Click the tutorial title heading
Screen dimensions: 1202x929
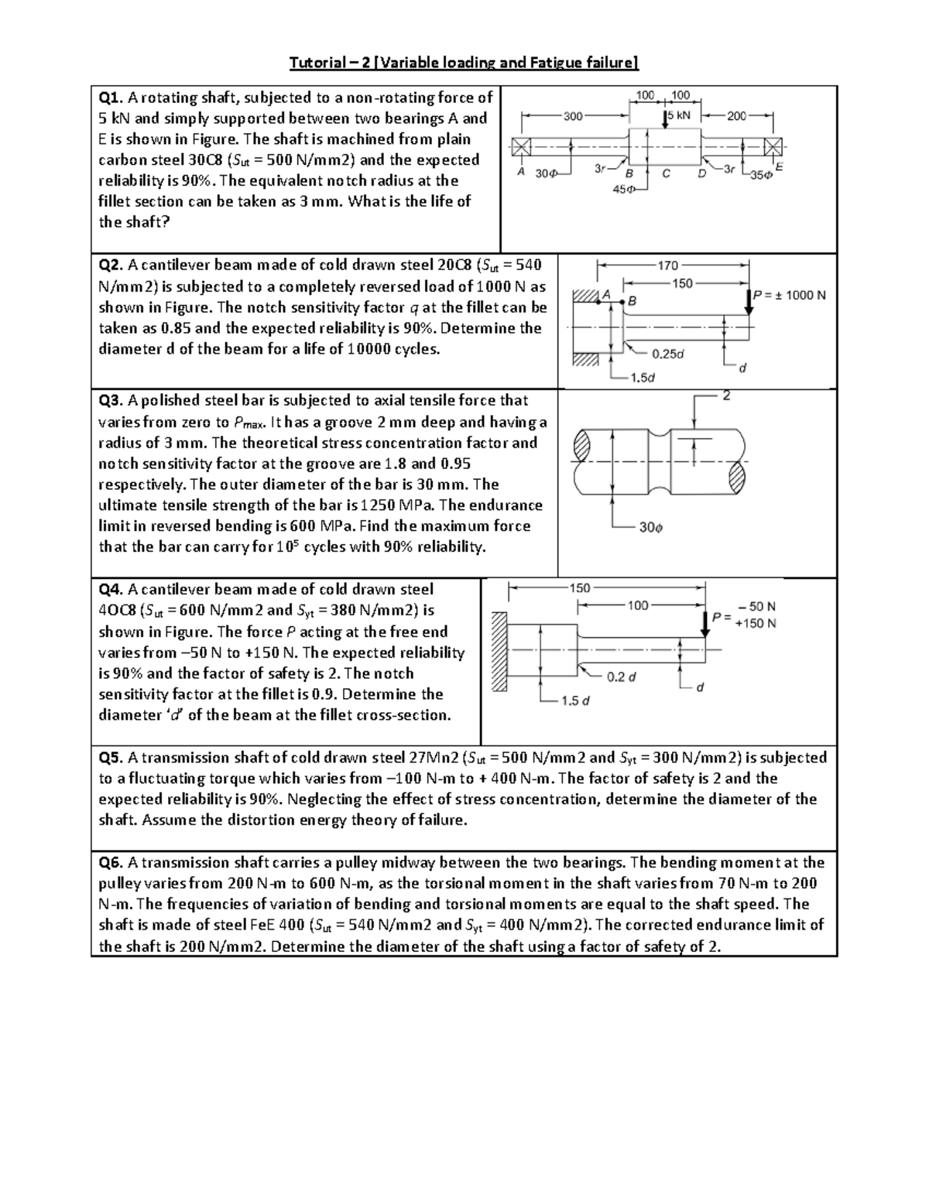[464, 63]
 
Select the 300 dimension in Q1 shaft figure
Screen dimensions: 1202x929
[573, 116]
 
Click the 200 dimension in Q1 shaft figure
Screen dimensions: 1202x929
[736, 116]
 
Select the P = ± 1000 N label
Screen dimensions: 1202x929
[789, 295]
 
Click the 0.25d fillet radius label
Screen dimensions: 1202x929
[667, 354]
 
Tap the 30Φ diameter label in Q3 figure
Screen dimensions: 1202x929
[650, 527]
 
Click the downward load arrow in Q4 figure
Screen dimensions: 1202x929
[705, 623]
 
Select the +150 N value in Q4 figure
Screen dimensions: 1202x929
[756, 624]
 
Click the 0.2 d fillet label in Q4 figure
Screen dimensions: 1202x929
[622, 676]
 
